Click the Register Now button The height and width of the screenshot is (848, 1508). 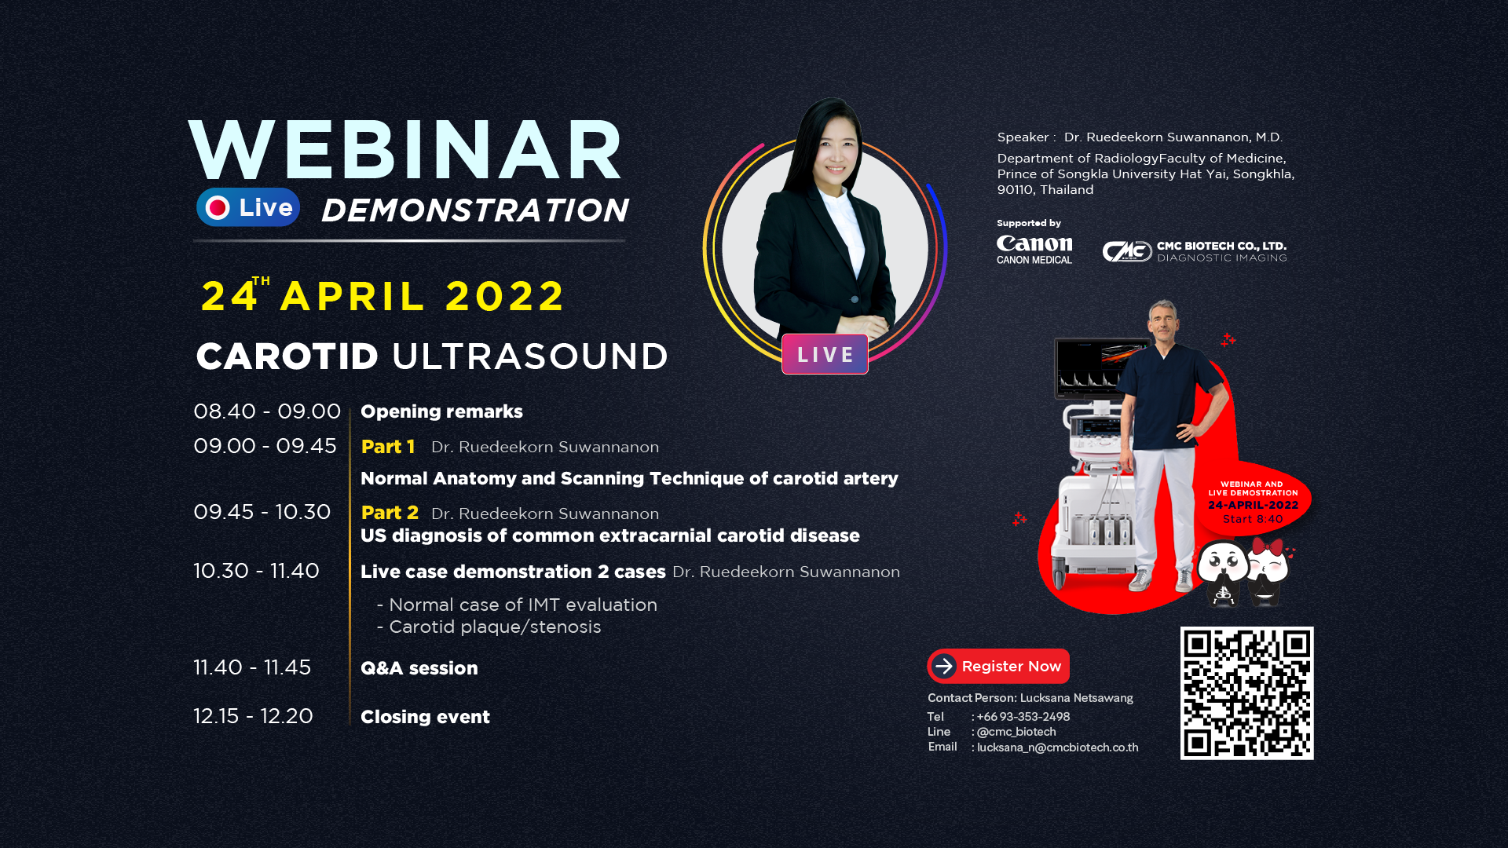tap(998, 666)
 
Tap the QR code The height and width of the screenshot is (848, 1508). tap(1246, 693)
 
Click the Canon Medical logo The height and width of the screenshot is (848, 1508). tap(1034, 250)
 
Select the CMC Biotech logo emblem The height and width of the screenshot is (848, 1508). tap(1127, 251)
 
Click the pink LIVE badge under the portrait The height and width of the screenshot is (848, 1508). tap(825, 354)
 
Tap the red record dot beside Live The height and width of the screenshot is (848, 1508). tap(218, 207)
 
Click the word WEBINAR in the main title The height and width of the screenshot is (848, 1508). tap(406, 150)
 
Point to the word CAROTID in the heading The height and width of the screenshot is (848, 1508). tap(287, 356)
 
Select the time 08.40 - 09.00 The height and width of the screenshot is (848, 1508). tap(267, 411)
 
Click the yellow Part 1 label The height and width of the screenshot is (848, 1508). tap(388, 447)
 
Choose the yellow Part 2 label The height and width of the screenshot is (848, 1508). tap(390, 513)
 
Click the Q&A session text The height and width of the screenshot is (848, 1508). tap(419, 668)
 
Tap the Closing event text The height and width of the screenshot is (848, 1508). tap(425, 717)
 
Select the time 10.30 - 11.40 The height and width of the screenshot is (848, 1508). tap(256, 571)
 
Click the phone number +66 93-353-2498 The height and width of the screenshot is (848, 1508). tap(1023, 717)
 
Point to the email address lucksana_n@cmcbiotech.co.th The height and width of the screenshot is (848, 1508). tap(1057, 747)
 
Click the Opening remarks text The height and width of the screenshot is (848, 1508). tap(441, 411)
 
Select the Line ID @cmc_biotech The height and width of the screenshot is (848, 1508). tap(1016, 732)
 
